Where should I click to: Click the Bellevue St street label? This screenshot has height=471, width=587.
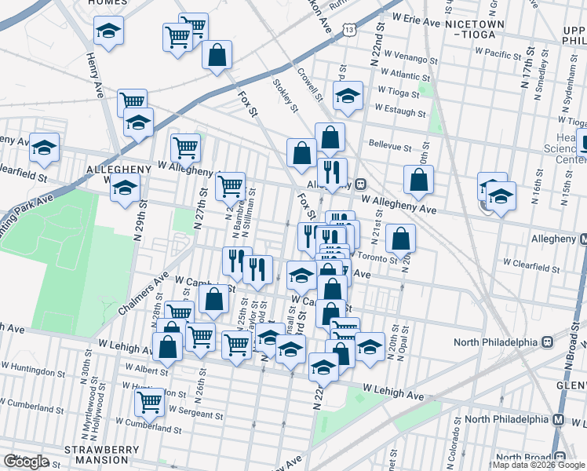pyautogui.click(x=390, y=147)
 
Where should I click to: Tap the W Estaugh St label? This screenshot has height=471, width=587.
pyautogui.click(x=400, y=112)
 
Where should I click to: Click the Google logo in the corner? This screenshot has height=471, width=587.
pyautogui.click(x=26, y=462)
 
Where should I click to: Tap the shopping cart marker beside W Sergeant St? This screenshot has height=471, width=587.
pyautogui.click(x=149, y=402)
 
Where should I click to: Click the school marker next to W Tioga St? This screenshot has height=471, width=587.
pyautogui.click(x=347, y=96)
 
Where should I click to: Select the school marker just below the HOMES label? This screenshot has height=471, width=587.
pyautogui.click(x=109, y=31)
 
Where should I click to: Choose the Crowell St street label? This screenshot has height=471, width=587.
pyautogui.click(x=310, y=85)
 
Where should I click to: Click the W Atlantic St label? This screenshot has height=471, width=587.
pyautogui.click(x=402, y=75)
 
